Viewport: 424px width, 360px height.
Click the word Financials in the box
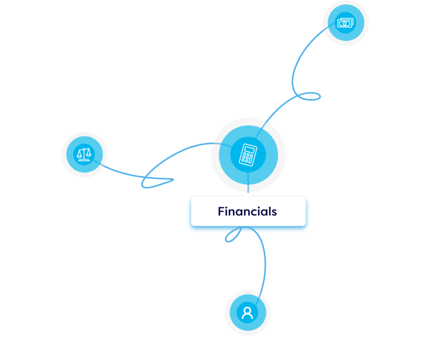[247, 211]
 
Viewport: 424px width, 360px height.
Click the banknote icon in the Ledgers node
[345, 23]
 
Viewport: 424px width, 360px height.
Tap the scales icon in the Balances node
[84, 154]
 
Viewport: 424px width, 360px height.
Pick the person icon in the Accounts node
[248, 312]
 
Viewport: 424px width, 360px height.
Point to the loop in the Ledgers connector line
[310, 97]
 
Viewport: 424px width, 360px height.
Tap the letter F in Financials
[221, 211]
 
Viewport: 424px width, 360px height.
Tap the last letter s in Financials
[274, 212]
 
